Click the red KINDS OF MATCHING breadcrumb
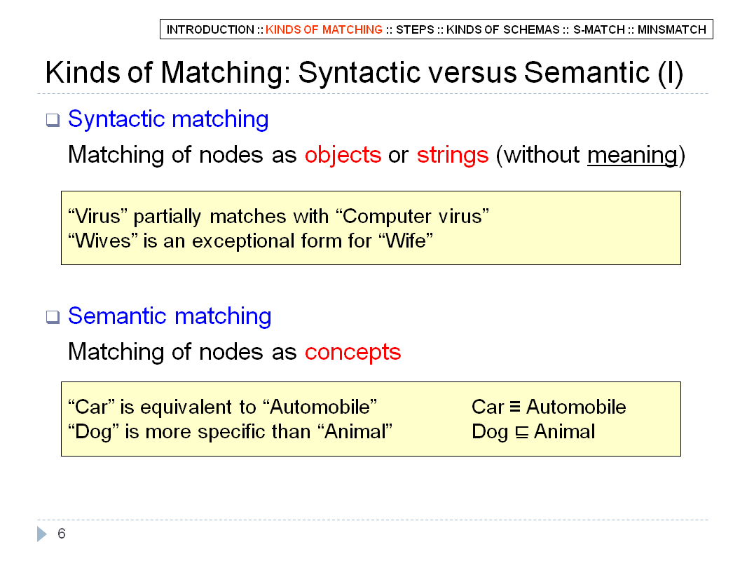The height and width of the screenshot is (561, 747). click(x=324, y=29)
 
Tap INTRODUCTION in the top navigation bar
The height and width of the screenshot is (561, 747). click(x=210, y=29)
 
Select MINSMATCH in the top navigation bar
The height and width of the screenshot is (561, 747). click(x=672, y=29)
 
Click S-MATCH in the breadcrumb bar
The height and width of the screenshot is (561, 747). click(x=599, y=29)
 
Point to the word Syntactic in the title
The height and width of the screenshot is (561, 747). click(x=359, y=73)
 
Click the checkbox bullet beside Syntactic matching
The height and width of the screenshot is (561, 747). click(x=53, y=120)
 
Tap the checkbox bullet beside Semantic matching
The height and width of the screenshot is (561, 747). click(x=53, y=317)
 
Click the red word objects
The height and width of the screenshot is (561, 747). click(x=343, y=155)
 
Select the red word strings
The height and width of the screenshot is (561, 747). click(x=453, y=155)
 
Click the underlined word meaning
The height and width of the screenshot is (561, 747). click(x=632, y=156)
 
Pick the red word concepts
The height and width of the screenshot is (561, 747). click(x=353, y=352)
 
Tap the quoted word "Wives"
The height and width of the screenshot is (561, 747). click(x=103, y=241)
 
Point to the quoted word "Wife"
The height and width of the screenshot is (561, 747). click(x=406, y=241)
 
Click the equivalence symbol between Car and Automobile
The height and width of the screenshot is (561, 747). click(x=515, y=407)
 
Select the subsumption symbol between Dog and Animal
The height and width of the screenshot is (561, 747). click(x=522, y=432)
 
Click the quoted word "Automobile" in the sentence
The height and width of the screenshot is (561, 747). click(x=320, y=407)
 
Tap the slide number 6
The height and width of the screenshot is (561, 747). click(x=62, y=534)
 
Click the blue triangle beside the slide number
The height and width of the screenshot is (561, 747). click(x=42, y=534)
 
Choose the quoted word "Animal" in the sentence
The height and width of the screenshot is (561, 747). click(x=355, y=432)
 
